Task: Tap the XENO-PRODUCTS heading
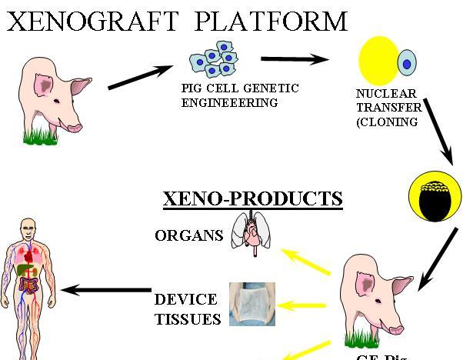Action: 252,198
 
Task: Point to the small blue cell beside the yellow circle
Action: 406,62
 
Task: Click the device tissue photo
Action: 252,305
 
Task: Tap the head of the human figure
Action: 29,228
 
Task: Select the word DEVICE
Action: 186,299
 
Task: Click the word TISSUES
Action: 187,318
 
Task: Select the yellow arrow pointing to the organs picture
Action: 305,262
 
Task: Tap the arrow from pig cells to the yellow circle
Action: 295,59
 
